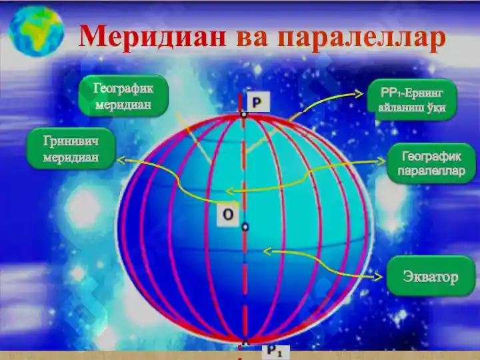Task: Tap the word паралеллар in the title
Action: (x=359, y=37)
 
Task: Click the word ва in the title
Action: (x=253, y=37)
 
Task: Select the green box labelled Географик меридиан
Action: (x=123, y=96)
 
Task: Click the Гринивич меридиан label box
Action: (x=69, y=149)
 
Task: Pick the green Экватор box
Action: (x=430, y=276)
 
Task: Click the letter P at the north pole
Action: (x=257, y=101)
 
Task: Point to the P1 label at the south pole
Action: (x=275, y=349)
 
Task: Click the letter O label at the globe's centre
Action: (x=228, y=214)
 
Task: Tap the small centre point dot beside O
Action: (x=245, y=227)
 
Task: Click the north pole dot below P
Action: (x=245, y=115)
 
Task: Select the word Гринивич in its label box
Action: (x=69, y=141)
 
